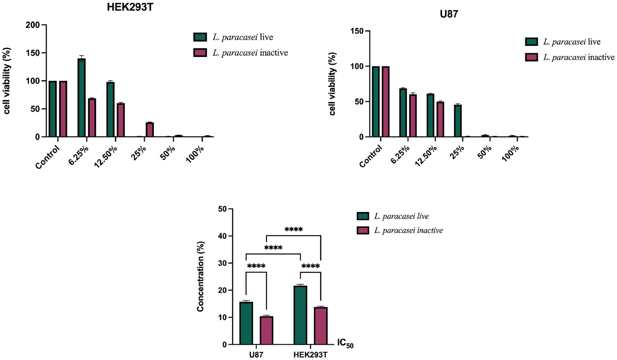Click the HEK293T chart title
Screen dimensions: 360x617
129,7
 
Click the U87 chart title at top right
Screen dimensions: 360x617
449,14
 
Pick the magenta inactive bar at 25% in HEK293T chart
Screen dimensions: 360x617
150,130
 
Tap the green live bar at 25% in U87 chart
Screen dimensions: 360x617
457,121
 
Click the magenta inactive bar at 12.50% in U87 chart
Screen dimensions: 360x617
440,119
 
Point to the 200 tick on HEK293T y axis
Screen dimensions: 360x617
35,25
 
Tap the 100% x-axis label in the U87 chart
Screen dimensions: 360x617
511,153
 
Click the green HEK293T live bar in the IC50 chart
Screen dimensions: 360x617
300,315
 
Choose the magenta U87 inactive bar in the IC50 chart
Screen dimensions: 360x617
266,330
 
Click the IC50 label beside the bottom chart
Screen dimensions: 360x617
345,344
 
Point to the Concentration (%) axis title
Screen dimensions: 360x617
201,276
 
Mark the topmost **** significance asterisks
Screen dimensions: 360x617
293,230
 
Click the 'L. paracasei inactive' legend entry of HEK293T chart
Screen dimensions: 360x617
250,53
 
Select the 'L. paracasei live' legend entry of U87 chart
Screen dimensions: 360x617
571,42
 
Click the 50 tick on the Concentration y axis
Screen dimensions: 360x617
221,209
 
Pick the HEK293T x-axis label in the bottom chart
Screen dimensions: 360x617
310,355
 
